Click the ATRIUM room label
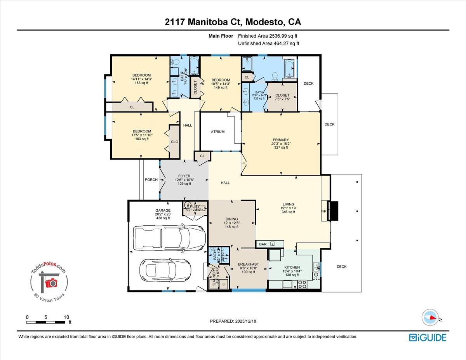pyautogui.click(x=217, y=132)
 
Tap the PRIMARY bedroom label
pyautogui.click(x=281, y=140)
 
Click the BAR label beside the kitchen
pyautogui.click(x=263, y=244)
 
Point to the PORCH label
pyautogui.click(x=151, y=179)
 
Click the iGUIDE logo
pyautogui.click(x=428, y=337)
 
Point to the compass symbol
pyautogui.click(x=430, y=317)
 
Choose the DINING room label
pyautogui.click(x=232, y=219)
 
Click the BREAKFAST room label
pyautogui.click(x=249, y=264)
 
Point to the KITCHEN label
pyautogui.click(x=292, y=267)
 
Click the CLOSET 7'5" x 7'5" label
pyautogui.click(x=282, y=95)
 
